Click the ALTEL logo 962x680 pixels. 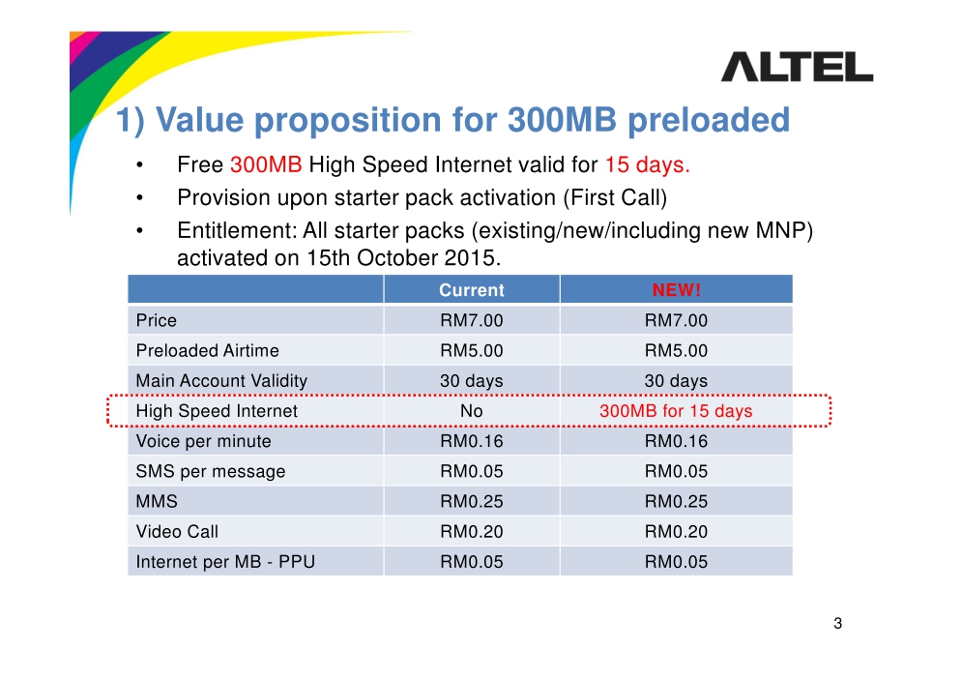point(797,67)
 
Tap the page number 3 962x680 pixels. point(837,624)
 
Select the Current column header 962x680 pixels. point(471,289)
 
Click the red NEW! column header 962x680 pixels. point(676,289)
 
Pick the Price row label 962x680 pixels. point(156,320)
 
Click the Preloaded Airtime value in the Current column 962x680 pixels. point(471,350)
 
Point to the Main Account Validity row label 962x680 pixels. point(221,380)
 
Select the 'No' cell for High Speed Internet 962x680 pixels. point(471,410)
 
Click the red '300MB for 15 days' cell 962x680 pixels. point(676,411)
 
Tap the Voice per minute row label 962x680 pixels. point(203,441)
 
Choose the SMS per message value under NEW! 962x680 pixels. point(676,471)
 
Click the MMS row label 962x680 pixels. point(157,501)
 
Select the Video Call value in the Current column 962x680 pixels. point(471,531)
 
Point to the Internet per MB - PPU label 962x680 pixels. point(225,562)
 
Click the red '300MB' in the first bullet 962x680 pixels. point(266,164)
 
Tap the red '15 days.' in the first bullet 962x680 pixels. point(648,164)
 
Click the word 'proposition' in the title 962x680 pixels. point(348,120)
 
